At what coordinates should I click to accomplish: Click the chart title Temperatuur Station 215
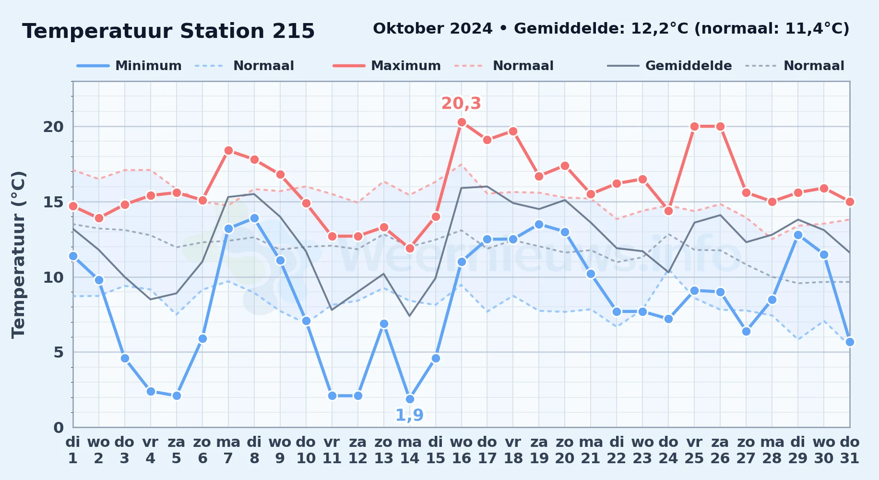(168, 31)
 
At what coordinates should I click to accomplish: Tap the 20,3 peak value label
(461, 103)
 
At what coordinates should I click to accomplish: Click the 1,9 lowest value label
(409, 415)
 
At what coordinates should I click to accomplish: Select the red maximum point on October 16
(462, 122)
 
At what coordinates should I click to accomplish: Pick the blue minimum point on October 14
(410, 399)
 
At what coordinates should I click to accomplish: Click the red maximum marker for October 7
(228, 150)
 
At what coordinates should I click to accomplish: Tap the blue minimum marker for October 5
(177, 396)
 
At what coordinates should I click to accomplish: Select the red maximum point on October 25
(694, 126)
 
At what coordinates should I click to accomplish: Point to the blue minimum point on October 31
(850, 342)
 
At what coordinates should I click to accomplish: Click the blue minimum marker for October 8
(254, 218)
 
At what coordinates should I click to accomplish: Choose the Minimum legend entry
(130, 66)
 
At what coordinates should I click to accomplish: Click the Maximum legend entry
(387, 66)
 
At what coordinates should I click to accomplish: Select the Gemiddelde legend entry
(670, 66)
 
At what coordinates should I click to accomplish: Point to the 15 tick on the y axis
(53, 202)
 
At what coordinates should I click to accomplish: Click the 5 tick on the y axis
(59, 352)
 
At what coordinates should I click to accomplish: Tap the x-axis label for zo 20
(565, 450)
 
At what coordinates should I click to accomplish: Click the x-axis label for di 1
(73, 450)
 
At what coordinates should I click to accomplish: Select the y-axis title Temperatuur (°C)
(18, 254)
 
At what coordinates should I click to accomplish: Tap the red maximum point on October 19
(539, 176)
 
